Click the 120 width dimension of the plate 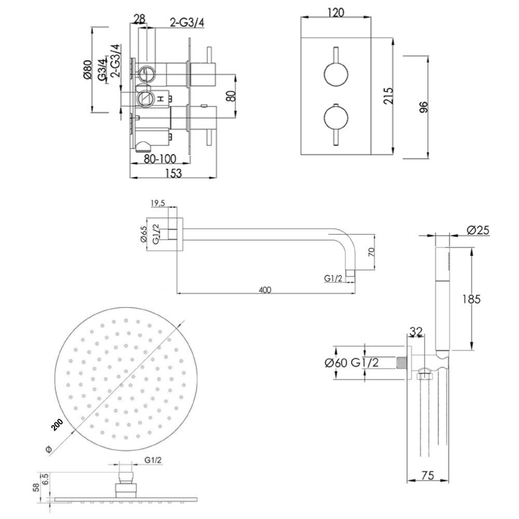coord(336,13)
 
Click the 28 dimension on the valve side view coord(139,19)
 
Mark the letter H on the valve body coord(161,98)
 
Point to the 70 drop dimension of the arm coord(371,253)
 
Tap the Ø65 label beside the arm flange coord(144,234)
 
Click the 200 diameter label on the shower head coord(57,425)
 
